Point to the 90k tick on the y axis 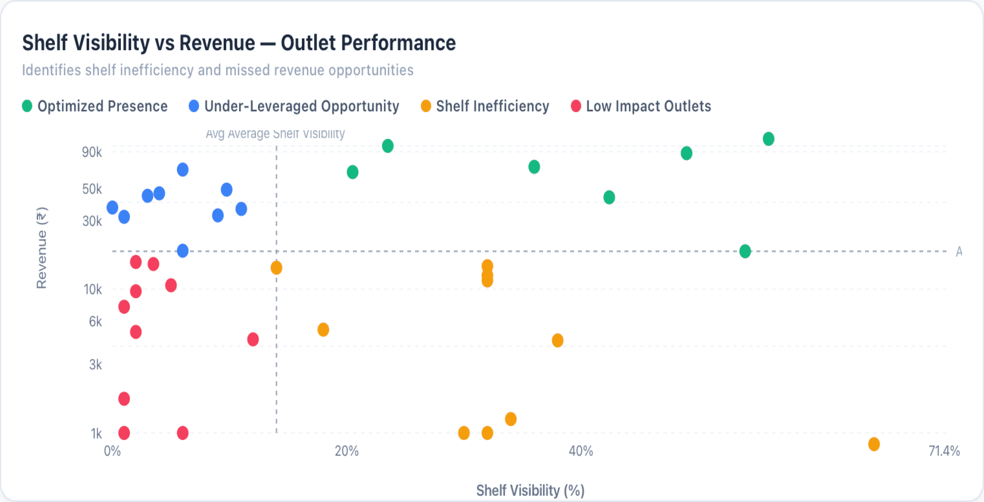(92, 152)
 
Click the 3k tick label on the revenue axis (96, 365)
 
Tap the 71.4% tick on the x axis (944, 451)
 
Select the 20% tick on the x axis (347, 451)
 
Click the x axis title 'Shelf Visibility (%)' (530, 490)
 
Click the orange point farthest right (874, 444)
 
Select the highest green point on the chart (769, 139)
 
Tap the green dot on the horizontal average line (745, 251)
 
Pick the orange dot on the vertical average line (276, 268)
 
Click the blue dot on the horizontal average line (183, 251)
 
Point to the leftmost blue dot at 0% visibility (112, 207)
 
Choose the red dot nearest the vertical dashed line (253, 339)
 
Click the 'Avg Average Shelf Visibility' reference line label (275, 134)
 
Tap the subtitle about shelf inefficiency (218, 70)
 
